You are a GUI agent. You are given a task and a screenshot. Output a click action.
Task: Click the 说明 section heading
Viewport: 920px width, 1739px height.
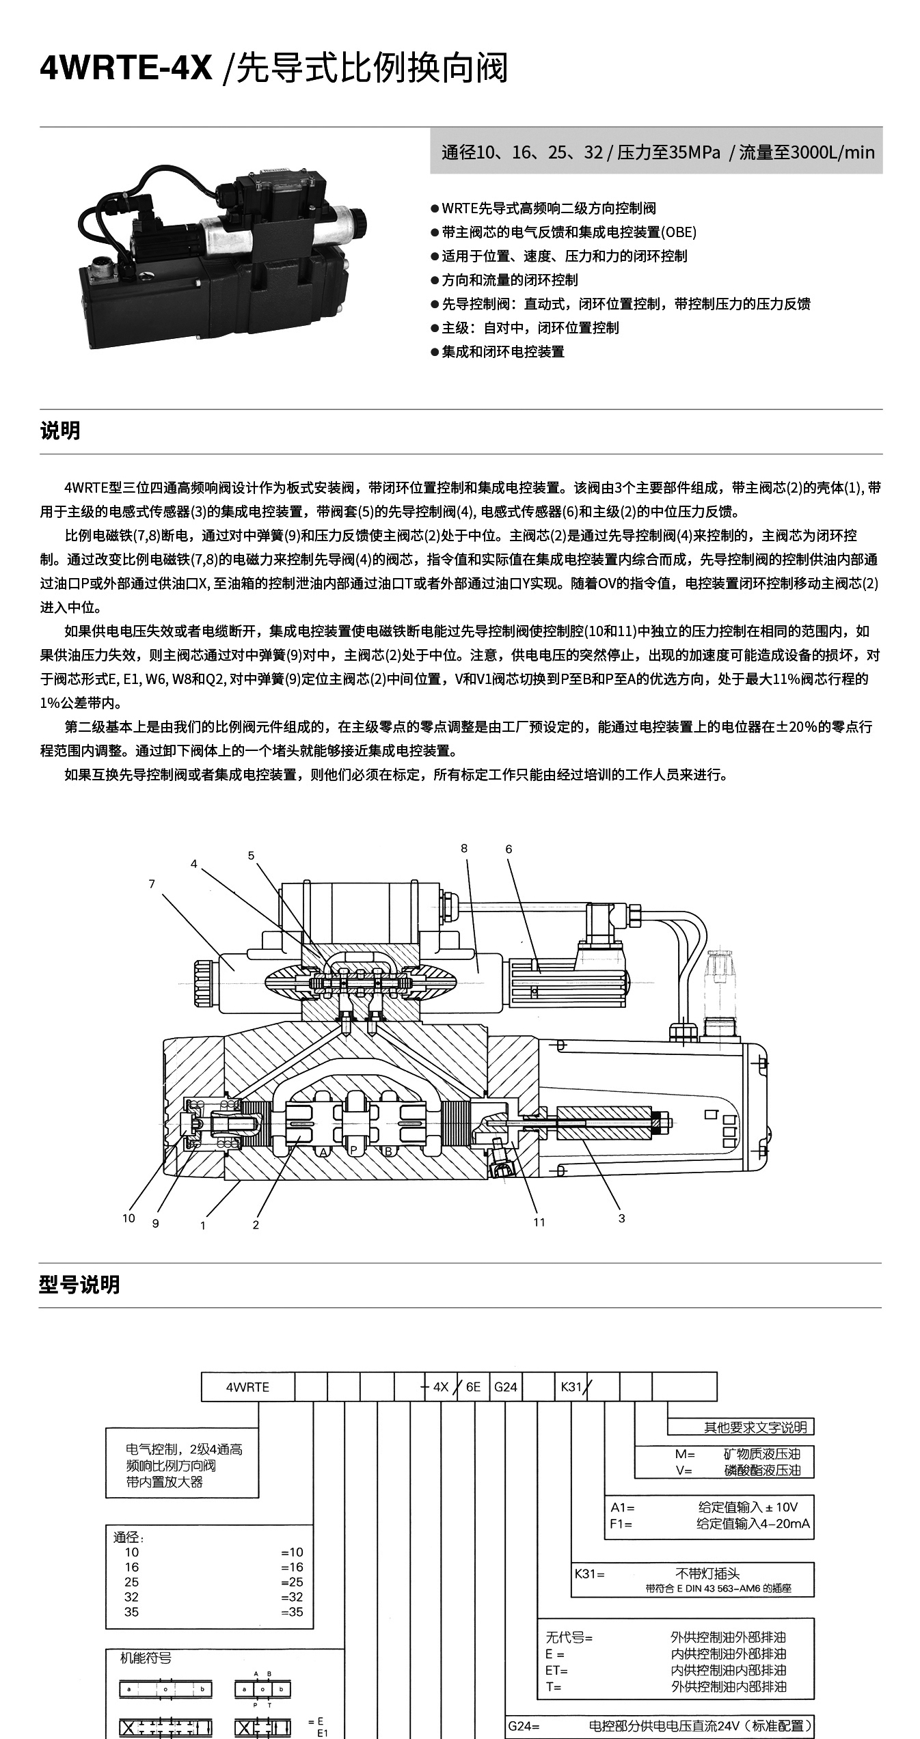[x=60, y=431]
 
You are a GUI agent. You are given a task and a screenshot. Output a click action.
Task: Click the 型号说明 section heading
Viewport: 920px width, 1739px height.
[x=80, y=1285]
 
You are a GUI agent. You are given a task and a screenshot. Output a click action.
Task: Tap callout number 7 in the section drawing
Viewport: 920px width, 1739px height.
[x=152, y=884]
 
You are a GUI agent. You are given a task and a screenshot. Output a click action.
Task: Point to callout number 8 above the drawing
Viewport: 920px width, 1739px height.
[x=464, y=849]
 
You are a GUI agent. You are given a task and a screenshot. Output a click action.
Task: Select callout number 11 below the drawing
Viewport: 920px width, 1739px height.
[x=539, y=1222]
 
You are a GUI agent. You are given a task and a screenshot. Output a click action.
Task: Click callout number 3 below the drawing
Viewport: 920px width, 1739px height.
[x=621, y=1218]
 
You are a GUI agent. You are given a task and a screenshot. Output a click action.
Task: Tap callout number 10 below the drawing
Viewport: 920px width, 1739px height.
[x=128, y=1218]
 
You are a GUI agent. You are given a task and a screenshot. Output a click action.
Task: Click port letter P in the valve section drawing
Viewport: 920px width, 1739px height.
[x=354, y=1151]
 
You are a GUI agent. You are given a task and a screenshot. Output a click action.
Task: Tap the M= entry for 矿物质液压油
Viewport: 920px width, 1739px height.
[x=685, y=1454]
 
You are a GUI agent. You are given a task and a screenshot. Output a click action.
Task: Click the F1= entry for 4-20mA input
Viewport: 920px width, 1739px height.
[x=621, y=1523]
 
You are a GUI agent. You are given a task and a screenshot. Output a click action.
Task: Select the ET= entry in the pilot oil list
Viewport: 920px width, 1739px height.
[x=556, y=1670]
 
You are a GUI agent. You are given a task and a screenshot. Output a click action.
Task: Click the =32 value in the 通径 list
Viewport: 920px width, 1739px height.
[x=292, y=1597]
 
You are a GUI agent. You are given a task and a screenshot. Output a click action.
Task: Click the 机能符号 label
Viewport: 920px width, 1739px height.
[x=146, y=1658]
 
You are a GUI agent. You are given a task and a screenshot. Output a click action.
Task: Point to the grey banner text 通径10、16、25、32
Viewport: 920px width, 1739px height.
[x=522, y=152]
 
